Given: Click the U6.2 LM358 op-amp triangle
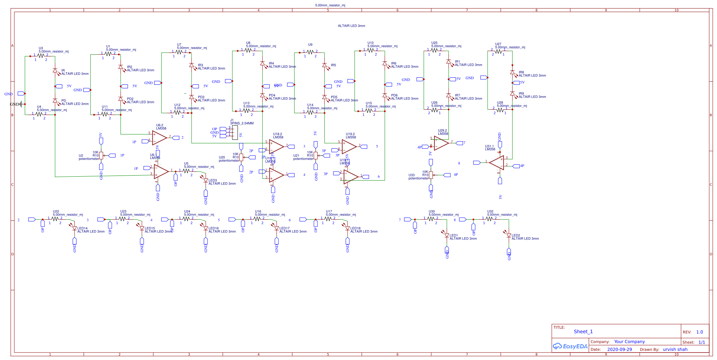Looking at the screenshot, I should pyautogui.click(x=159, y=138).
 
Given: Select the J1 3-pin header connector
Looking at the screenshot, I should pyautogui.click(x=234, y=132).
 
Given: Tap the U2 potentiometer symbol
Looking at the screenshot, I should pyautogui.click(x=101, y=155).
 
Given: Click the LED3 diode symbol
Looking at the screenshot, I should pyautogui.click(x=206, y=180).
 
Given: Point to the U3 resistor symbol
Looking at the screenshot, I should pyautogui.click(x=41, y=56).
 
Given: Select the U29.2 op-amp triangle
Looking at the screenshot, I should pyautogui.click(x=441, y=143).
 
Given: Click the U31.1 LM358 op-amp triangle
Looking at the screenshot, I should pyautogui.click(x=497, y=162).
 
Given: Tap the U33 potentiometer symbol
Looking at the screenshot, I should pyautogui.click(x=431, y=175).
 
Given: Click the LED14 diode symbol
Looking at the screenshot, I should pyautogui.click(x=74, y=228).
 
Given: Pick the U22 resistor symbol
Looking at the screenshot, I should pyautogui.click(x=55, y=219).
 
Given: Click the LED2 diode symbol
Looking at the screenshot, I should pyautogui.click(x=509, y=235).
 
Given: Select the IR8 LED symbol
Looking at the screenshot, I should pyautogui.click(x=512, y=72).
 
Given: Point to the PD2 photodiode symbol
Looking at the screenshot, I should pyautogui.click(x=121, y=99).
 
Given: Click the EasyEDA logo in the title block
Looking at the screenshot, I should pyautogui.click(x=570, y=346).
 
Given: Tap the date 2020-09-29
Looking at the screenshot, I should pyautogui.click(x=619, y=349).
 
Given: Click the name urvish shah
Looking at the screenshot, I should pyautogui.click(x=675, y=349).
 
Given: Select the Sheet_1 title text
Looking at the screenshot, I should pyautogui.click(x=583, y=332).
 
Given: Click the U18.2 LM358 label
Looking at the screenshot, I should pyautogui.click(x=278, y=136).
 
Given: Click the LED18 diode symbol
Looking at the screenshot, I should pyautogui.click(x=348, y=228).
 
